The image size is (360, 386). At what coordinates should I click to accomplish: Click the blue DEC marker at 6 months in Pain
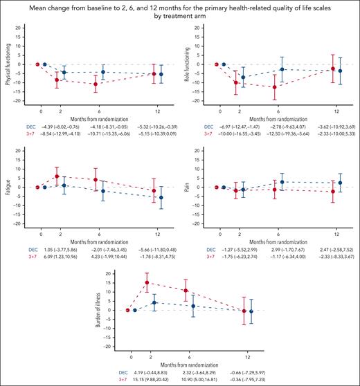tap(282, 182)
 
